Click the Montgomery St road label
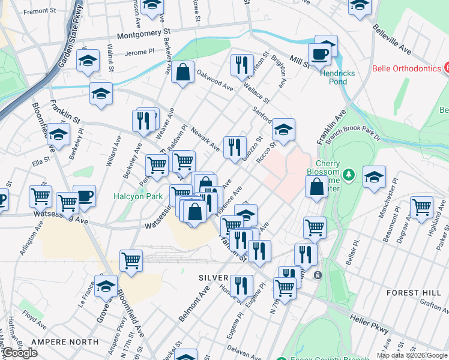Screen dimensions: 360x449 coord(144,35)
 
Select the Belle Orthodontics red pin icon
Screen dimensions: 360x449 coord(446,68)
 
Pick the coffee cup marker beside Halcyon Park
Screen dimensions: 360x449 coord(84,196)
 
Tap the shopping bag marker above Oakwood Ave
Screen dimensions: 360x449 coord(182,73)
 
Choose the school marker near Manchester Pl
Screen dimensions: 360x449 coord(374,177)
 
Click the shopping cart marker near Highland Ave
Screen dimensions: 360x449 coord(421,208)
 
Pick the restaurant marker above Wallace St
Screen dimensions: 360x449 coord(241,65)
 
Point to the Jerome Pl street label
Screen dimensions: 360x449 coord(140,52)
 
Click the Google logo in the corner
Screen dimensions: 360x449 coord(20,353)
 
